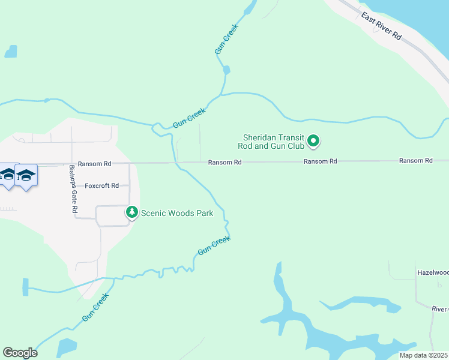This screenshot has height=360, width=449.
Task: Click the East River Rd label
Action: pyautogui.click(x=381, y=26)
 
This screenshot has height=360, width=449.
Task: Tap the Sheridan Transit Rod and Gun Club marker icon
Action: pyautogui.click(x=313, y=142)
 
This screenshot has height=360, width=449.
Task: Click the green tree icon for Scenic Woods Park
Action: pyautogui.click(x=131, y=212)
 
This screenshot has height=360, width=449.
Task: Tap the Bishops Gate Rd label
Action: pyautogui.click(x=73, y=189)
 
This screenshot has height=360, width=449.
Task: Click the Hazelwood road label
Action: pyautogui.click(x=433, y=272)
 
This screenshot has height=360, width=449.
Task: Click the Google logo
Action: pyautogui.click(x=20, y=353)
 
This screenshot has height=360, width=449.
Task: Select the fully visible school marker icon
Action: pyautogui.click(x=26, y=175)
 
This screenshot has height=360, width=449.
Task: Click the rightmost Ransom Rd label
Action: pyautogui.click(x=416, y=161)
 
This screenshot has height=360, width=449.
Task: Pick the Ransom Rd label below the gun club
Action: pyautogui.click(x=320, y=161)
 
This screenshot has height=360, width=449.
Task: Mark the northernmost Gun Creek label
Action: pyautogui.click(x=227, y=40)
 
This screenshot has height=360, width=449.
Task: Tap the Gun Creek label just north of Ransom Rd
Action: pyautogui.click(x=189, y=116)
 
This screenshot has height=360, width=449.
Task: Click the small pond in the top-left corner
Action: pyautogui.click(x=11, y=52)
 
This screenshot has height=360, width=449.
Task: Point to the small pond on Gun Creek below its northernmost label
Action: pyautogui.click(x=226, y=70)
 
